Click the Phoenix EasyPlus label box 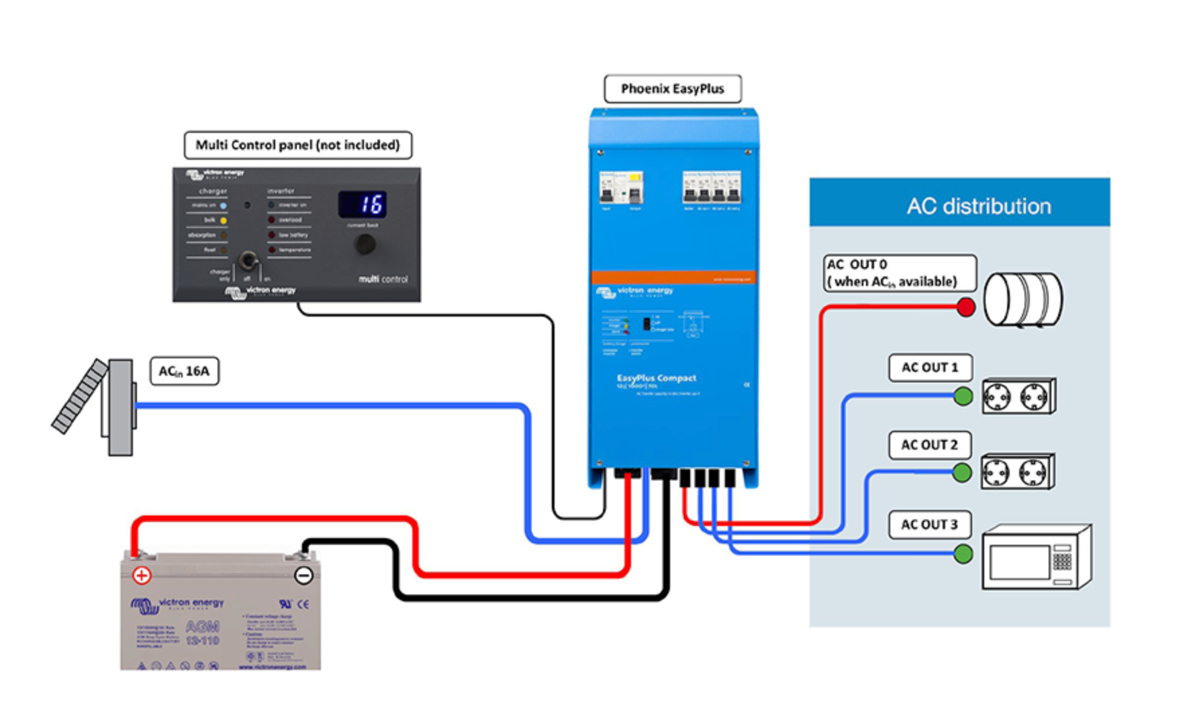(x=673, y=89)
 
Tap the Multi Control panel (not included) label (x=297, y=145)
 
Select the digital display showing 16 (x=363, y=204)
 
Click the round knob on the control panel (x=365, y=244)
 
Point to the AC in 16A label (x=184, y=371)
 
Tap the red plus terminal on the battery (x=142, y=575)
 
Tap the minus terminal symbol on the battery (x=303, y=575)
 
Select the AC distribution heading (x=978, y=206)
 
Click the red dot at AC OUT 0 (x=965, y=307)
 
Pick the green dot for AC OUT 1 (x=963, y=396)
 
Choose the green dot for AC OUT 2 (x=962, y=473)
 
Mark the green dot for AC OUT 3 (x=963, y=554)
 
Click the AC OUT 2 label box (x=929, y=445)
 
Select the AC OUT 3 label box (x=929, y=524)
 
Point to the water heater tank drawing (x=1022, y=299)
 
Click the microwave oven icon (x=1036, y=558)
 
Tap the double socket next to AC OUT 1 (x=1018, y=397)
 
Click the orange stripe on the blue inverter (x=673, y=277)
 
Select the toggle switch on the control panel (x=248, y=260)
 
